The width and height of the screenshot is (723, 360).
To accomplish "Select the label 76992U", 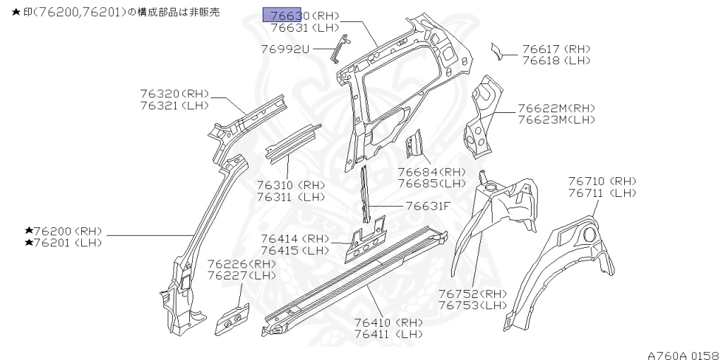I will coord(285,49).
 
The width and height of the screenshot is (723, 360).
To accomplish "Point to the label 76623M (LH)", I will coord(556,120).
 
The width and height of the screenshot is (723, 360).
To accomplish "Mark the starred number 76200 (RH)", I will coord(64,231).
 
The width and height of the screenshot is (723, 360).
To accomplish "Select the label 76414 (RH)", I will coord(295,239).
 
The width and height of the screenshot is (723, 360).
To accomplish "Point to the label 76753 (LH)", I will coord(472,306).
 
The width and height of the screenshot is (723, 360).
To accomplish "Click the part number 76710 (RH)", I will coord(602,181).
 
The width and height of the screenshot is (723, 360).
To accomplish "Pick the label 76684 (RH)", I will coord(431,172).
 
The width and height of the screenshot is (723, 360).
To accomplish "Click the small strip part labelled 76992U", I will coord(340,48).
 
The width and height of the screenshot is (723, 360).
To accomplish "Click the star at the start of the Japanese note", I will coord(6,13).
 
